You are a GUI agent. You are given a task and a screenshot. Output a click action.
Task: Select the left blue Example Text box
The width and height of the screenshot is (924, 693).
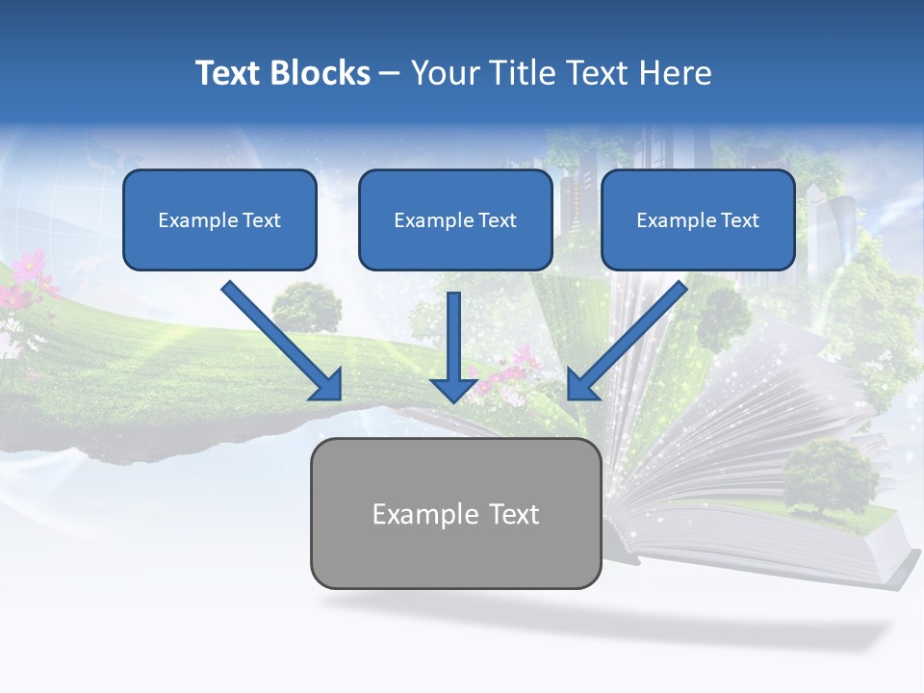[219, 219]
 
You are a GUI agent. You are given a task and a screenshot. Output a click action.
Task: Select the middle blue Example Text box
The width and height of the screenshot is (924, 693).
[455, 219]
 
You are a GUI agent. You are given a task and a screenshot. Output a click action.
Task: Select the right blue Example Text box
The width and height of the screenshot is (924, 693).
[698, 219]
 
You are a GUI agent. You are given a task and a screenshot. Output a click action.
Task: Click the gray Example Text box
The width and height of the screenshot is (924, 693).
[455, 513]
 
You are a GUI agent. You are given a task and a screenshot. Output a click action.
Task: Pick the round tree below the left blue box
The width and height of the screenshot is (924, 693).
[306, 305]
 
